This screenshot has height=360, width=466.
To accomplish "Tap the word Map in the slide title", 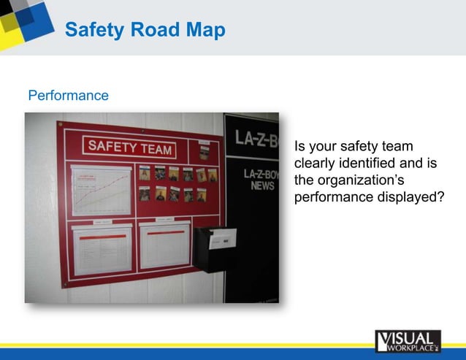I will pos(206,30).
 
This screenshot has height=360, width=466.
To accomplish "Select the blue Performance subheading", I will pos(68,96).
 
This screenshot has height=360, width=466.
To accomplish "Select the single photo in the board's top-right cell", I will pos(204,151).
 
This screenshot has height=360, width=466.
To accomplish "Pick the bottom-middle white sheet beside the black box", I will pos(164,245).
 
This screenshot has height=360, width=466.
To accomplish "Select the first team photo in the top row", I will pos(145,175).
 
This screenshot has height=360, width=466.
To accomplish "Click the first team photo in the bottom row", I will pos(145,194).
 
